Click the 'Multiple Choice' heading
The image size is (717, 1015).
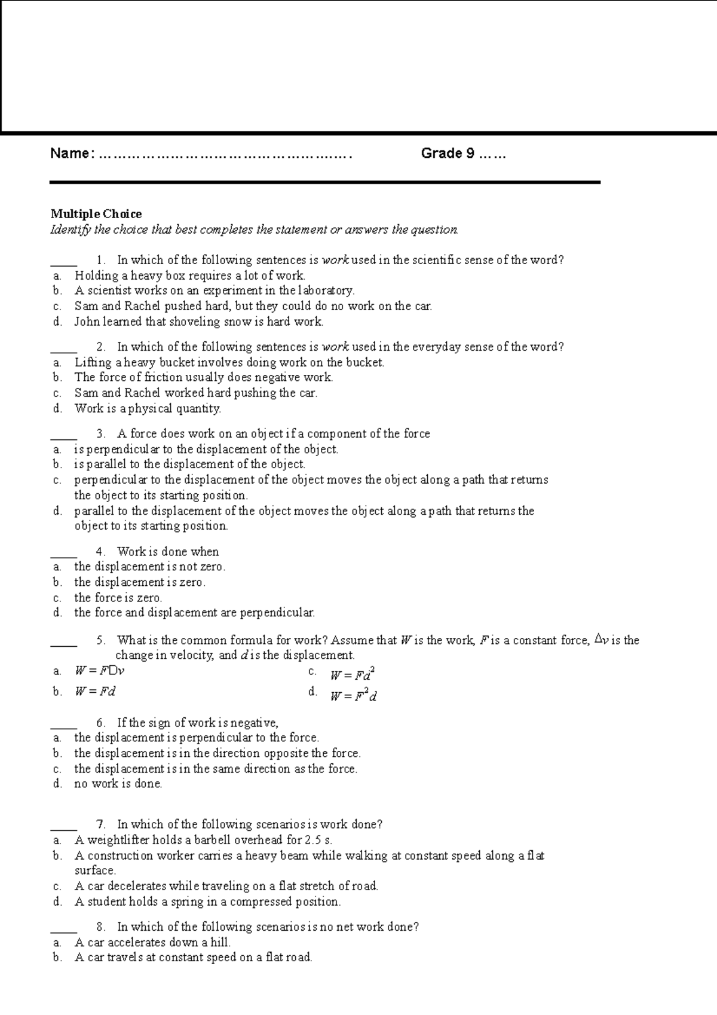point(96,214)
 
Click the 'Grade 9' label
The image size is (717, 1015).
point(448,154)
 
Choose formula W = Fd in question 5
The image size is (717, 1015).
point(95,692)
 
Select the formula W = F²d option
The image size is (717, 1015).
point(353,696)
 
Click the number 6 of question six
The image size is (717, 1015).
point(100,723)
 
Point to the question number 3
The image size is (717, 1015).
point(100,434)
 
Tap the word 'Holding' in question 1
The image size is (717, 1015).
point(96,276)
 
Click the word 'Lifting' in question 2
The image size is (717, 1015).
point(93,362)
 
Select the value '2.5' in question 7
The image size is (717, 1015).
point(312,840)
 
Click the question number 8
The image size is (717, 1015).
point(100,927)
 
